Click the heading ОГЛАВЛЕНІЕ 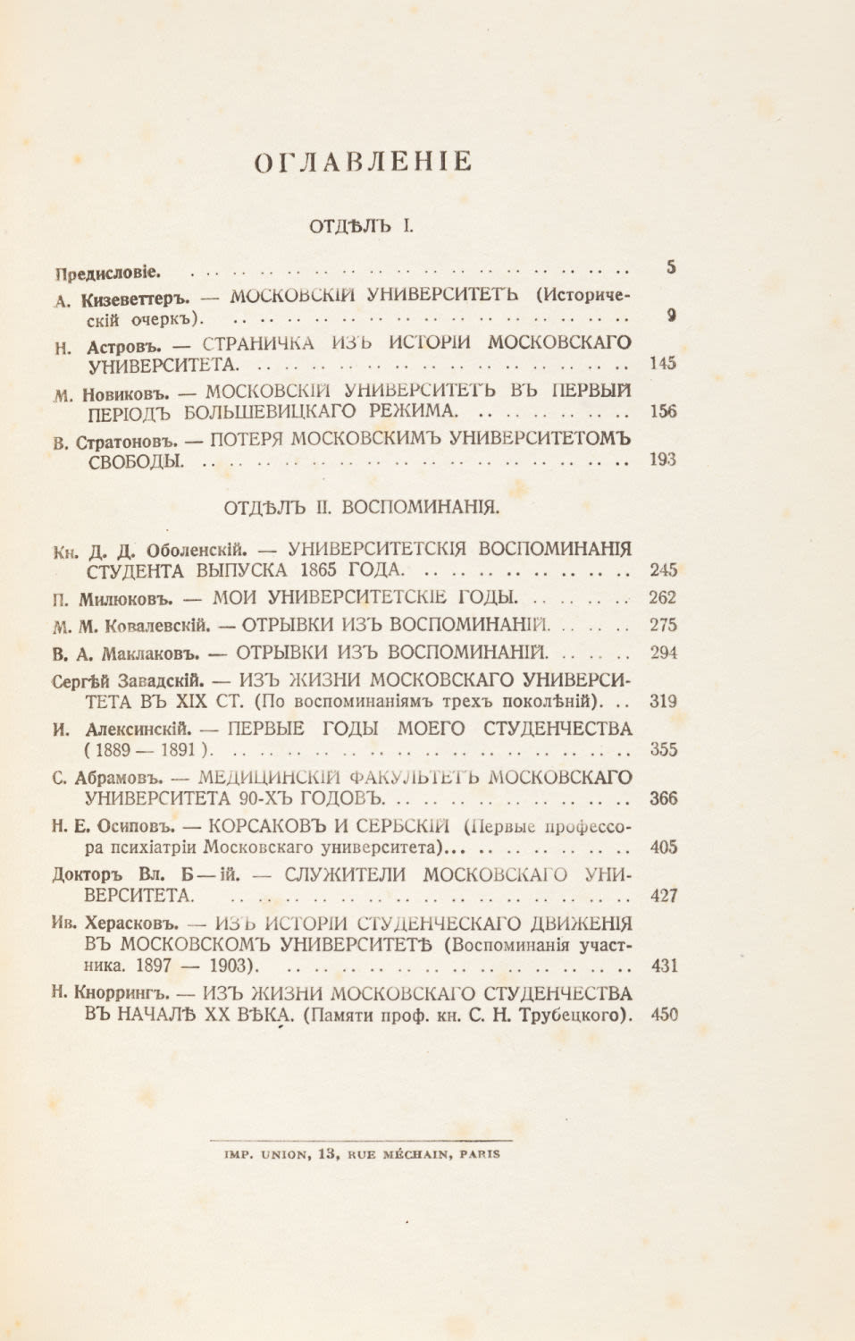pos(362,162)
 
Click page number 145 pos(663,363)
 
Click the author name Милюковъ pos(121,598)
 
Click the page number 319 pos(663,702)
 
